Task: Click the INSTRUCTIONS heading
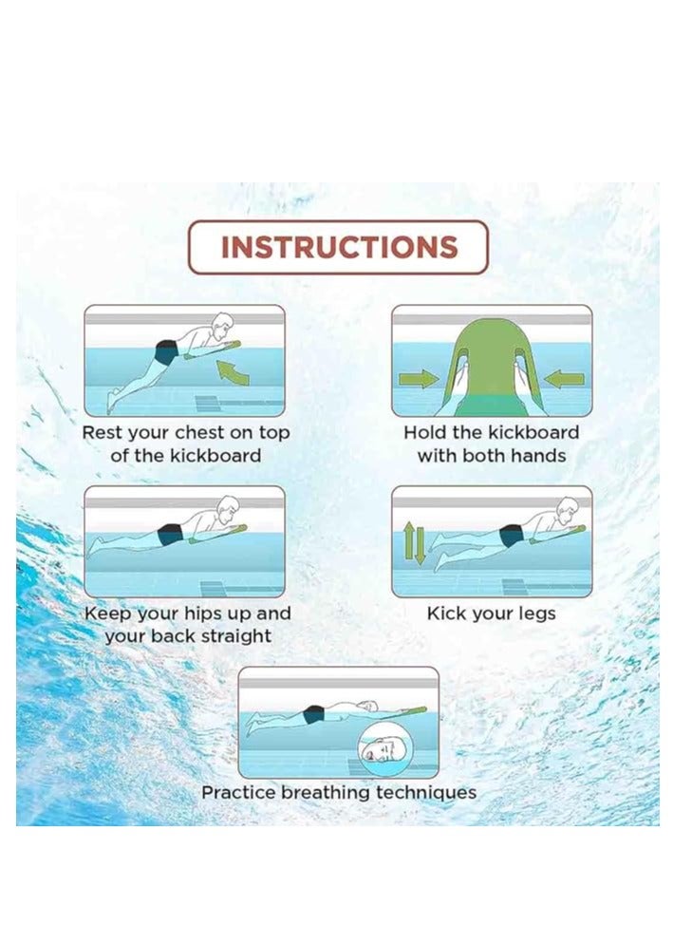click(339, 248)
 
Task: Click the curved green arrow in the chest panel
click(234, 370)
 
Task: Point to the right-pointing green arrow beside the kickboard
click(418, 379)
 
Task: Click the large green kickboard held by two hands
click(491, 366)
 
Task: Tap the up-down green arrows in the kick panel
click(415, 542)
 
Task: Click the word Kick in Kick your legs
click(445, 614)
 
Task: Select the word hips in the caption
click(205, 614)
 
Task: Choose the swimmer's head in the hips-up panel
click(225, 507)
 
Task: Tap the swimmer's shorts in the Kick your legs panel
click(512, 536)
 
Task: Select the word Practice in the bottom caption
click(238, 793)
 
